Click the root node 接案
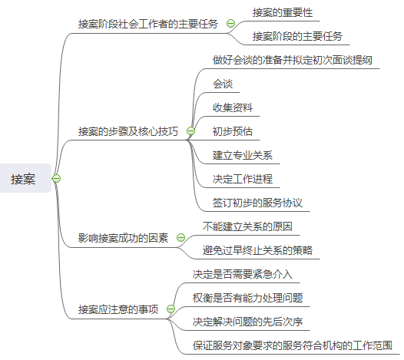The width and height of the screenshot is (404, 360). tap(23, 179)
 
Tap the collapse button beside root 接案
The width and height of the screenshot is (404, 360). tap(56, 178)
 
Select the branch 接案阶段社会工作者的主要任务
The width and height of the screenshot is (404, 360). tap(148, 24)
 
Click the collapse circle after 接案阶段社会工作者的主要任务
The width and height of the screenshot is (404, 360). tap(230, 24)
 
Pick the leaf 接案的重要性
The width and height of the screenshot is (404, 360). tap(283, 12)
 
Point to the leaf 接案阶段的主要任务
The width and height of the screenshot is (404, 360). tap(297, 36)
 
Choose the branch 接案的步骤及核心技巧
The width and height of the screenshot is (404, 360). tap(128, 131)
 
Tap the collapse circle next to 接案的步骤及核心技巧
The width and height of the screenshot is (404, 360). tap(190, 130)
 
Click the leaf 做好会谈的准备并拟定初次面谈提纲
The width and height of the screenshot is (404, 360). tap(293, 60)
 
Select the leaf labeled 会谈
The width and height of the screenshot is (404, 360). tap(223, 84)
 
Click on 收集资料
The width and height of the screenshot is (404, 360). tap(233, 107)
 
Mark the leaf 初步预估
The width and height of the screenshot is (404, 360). tap(233, 131)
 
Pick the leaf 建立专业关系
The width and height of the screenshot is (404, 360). tap(243, 155)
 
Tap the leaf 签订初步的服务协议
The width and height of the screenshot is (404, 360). tap(257, 203)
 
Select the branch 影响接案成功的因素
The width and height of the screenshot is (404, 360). tap(123, 238)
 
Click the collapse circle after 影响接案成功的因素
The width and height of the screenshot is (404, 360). tap(180, 237)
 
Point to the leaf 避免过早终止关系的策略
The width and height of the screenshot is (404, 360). tap(257, 250)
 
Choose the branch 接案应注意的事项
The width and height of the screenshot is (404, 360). tap(118, 309)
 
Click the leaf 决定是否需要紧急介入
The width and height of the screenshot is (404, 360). tap(243, 274)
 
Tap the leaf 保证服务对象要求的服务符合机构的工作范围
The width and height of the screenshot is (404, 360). tap(293, 345)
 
